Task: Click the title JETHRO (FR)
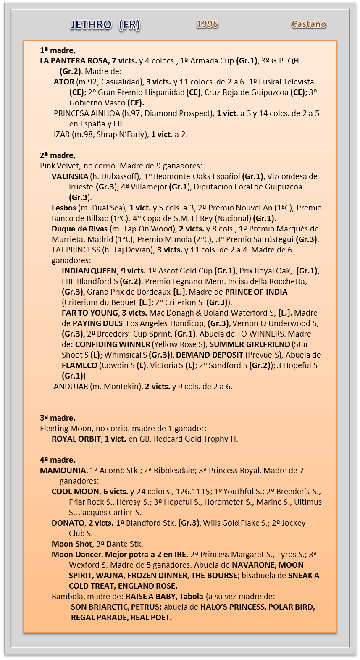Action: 105,25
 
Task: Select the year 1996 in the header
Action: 208,24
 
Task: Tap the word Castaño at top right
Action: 309,24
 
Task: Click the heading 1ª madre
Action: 58,50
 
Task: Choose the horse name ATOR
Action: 64,82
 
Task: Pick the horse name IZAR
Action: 61,134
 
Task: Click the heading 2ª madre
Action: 58,155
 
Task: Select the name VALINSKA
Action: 70,176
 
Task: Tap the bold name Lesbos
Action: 64,208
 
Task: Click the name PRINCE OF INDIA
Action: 256,292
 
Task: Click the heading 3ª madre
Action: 58,418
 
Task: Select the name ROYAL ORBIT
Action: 76,439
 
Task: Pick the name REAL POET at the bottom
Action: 151,617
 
